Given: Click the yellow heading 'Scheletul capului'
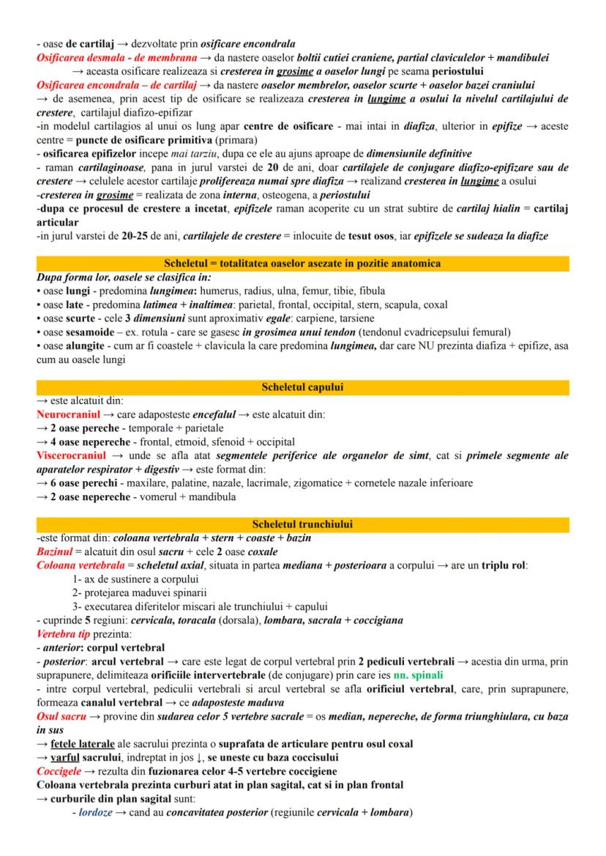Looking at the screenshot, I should pos(302,387).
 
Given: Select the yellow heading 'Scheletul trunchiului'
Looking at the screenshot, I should pos(302,524).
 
